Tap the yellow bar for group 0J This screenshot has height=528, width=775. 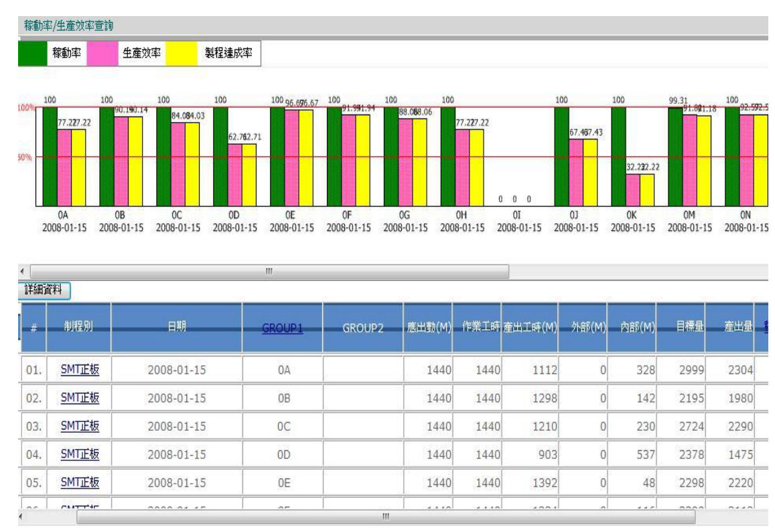click(x=590, y=172)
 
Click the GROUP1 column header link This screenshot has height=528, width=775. click(x=283, y=328)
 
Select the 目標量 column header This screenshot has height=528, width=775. click(x=681, y=328)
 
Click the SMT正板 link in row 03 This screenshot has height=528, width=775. click(x=80, y=426)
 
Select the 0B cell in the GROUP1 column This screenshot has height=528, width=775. click(x=283, y=398)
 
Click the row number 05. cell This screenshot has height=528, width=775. click(x=33, y=483)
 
